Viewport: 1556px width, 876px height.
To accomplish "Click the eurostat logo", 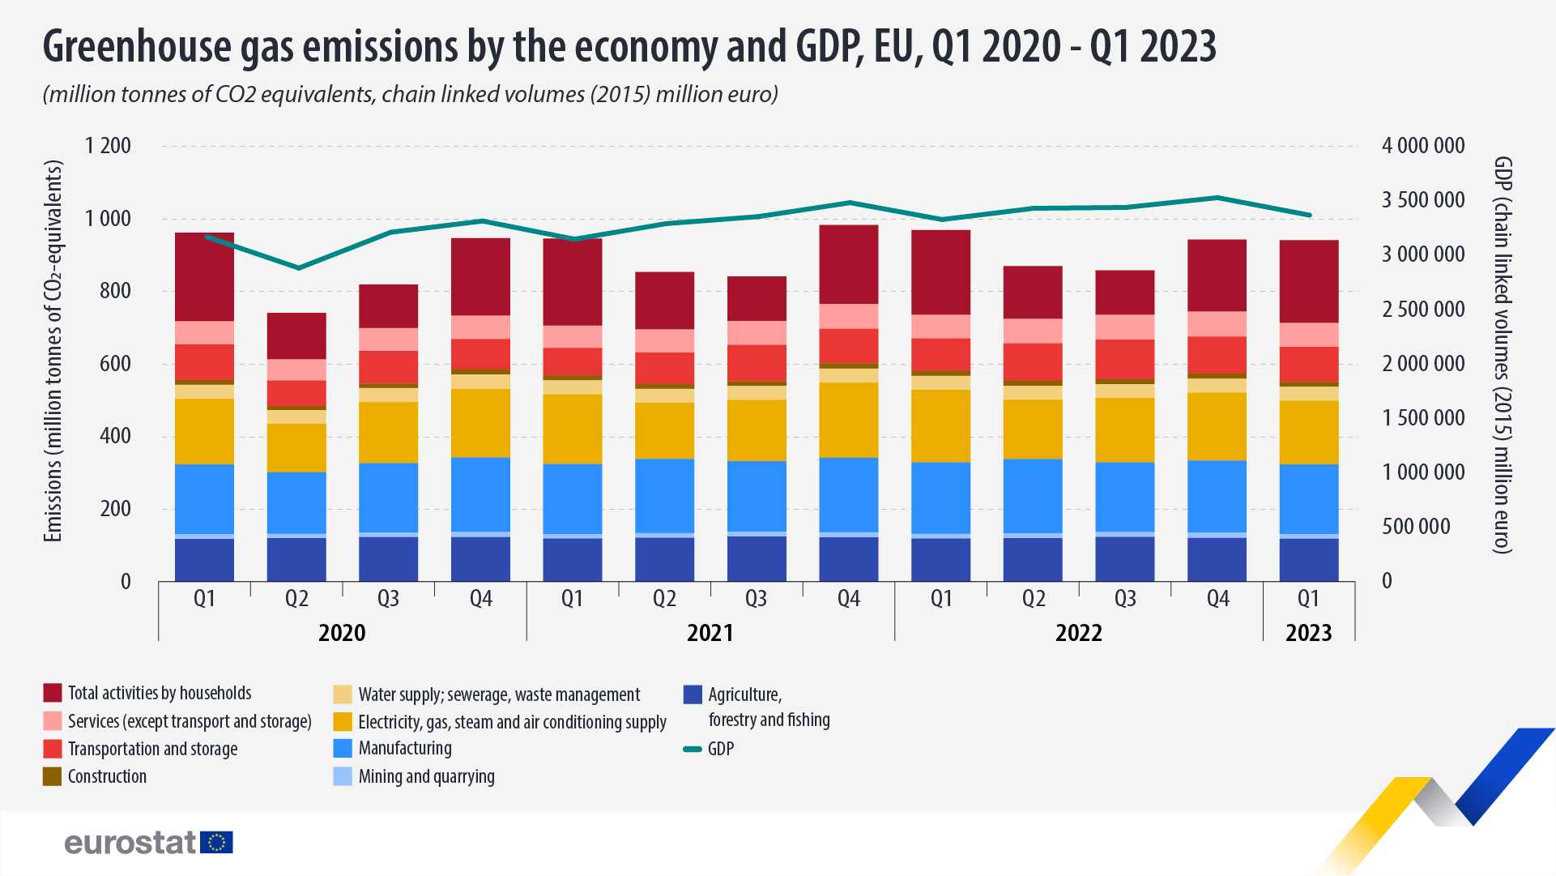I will (148, 842).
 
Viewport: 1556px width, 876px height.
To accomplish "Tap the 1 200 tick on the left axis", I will (108, 146).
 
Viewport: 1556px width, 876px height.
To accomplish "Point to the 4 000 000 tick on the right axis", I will (1422, 146).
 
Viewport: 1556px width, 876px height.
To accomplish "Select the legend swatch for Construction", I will (52, 776).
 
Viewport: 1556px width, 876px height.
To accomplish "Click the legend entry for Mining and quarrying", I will (426, 776).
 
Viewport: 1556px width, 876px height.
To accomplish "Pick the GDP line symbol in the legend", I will (693, 750).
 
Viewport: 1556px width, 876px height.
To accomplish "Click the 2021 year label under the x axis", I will (710, 633).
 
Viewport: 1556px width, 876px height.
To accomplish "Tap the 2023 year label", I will (1308, 633).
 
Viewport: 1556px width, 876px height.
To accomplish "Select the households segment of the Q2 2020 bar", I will (296, 335).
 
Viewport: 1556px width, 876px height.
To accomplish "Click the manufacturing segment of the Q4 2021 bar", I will (848, 494).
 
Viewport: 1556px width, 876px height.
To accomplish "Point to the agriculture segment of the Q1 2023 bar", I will (1308, 560).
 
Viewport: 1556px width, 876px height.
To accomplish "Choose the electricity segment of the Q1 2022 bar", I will (940, 426).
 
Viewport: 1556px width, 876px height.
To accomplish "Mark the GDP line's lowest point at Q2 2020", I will (298, 267).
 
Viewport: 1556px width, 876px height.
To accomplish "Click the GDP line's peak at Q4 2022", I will (1217, 197).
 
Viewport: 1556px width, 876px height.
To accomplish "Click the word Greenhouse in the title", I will (137, 46).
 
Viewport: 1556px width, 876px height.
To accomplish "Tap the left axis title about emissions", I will (53, 350).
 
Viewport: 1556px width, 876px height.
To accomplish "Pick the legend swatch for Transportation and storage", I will (52, 749).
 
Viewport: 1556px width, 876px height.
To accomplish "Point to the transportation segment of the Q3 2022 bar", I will (1124, 359).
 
